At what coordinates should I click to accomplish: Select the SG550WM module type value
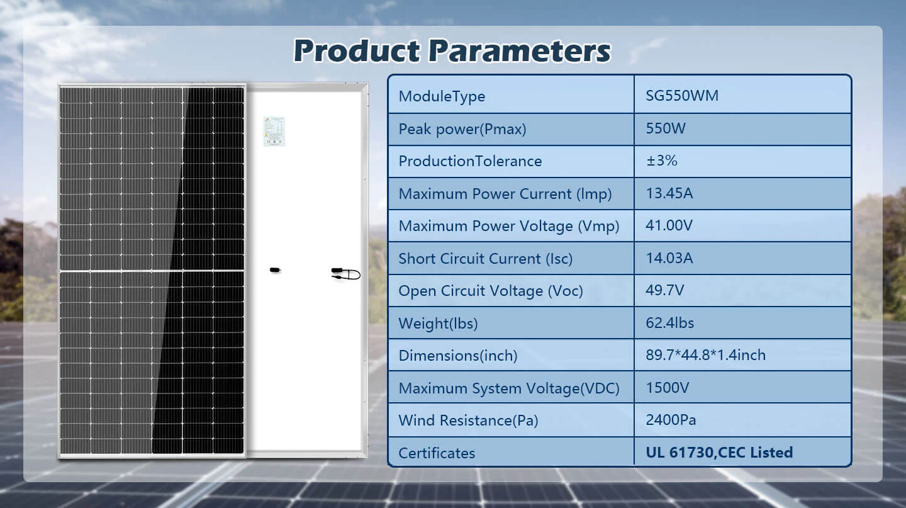(682, 96)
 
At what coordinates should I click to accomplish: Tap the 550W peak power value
(666, 128)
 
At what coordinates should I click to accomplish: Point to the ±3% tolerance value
(661, 161)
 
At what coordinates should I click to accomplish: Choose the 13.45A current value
(669, 193)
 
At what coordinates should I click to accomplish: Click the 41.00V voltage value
(669, 225)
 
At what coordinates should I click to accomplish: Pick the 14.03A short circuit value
(669, 258)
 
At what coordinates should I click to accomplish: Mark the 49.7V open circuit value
(664, 290)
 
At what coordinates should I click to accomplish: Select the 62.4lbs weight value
(670, 322)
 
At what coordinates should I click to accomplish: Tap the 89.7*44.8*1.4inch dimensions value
(705, 355)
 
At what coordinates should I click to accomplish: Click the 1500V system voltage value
(668, 387)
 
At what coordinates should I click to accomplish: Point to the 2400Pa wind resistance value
(671, 420)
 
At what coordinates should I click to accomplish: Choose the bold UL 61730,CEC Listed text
(719, 452)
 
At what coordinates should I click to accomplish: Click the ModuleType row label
(442, 96)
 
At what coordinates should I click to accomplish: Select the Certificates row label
(437, 453)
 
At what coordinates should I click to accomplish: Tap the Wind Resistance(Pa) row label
(468, 421)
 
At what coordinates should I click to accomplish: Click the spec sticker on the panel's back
(274, 131)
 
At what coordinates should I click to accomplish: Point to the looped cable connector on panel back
(346, 274)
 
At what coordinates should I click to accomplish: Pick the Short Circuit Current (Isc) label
(485, 259)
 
